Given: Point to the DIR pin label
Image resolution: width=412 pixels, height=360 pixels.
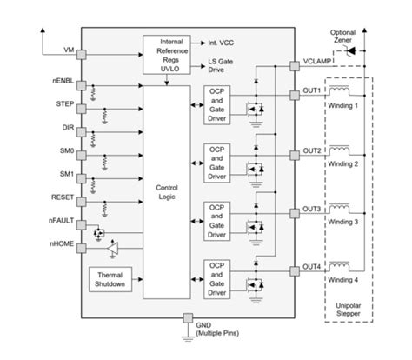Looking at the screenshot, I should pyautogui.click(x=66, y=127).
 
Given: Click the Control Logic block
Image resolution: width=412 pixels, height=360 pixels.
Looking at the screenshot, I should pyautogui.click(x=166, y=192).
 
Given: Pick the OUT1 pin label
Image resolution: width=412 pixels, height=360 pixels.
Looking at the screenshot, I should pyautogui.click(x=312, y=90).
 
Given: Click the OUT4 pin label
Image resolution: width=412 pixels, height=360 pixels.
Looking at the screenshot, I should pyautogui.click(x=312, y=265).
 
